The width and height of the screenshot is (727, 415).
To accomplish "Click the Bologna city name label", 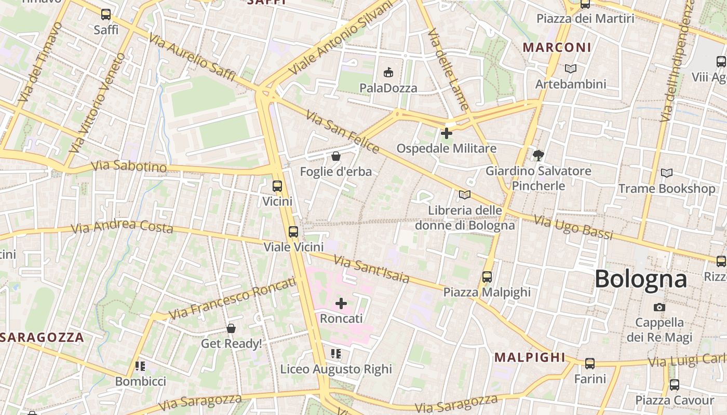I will coord(640,279).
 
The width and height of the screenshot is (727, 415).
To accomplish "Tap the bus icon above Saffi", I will coord(106,15).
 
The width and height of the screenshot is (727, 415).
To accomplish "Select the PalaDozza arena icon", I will coord(388,72).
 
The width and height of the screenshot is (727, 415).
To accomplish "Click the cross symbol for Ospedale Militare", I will coord(446,133).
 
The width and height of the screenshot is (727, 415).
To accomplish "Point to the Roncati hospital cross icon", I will coord(341,303).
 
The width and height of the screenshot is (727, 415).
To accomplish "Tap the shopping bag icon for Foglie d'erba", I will coord(336,156).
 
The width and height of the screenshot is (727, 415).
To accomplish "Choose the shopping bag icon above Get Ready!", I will coord(231,328).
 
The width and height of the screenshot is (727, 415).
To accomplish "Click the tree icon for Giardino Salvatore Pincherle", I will coord(538,155).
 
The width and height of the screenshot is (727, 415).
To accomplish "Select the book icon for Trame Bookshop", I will coord(667,173).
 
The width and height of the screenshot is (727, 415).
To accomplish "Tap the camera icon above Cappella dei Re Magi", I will coord(659,307).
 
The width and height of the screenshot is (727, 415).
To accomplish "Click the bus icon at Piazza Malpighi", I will coord(487,277).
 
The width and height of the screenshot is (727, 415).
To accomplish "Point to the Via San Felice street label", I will coord(343,132).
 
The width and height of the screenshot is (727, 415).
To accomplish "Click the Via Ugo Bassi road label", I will coord(573,228).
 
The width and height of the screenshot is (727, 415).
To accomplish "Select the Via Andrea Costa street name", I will coord(122,226).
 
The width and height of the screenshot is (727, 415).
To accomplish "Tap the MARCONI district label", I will coord(557,48).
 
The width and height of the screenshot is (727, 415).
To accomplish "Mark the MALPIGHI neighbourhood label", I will coord(530,357).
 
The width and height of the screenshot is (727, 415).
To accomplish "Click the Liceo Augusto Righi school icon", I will coord(336,354).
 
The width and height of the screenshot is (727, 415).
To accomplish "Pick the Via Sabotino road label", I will coord(129,167).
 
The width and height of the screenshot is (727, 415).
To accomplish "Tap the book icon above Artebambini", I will coord(571,68).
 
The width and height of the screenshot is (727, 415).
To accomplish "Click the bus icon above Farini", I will coord(590,364).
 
